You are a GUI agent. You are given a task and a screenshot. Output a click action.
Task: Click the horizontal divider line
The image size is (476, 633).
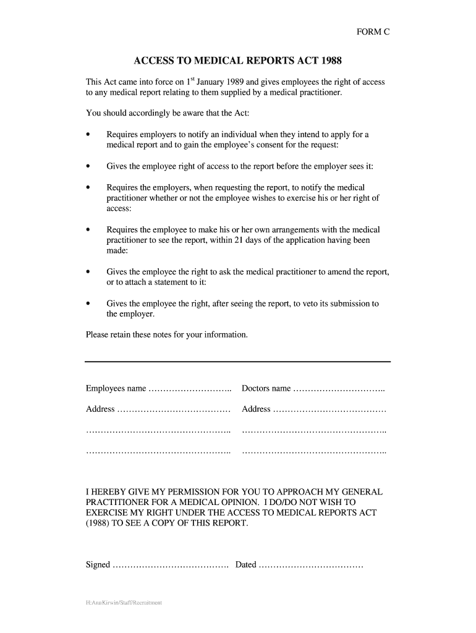pyautogui.click(x=237, y=361)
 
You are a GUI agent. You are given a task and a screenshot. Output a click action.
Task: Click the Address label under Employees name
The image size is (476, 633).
pyautogui.click(x=100, y=409)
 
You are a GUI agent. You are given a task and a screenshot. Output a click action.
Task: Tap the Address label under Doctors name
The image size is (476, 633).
pyautogui.click(x=256, y=409)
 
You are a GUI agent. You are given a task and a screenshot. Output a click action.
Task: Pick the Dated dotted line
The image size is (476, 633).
pyautogui.click(x=310, y=565)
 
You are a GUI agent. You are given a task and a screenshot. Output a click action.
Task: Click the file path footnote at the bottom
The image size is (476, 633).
pyautogui.click(x=124, y=602)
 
